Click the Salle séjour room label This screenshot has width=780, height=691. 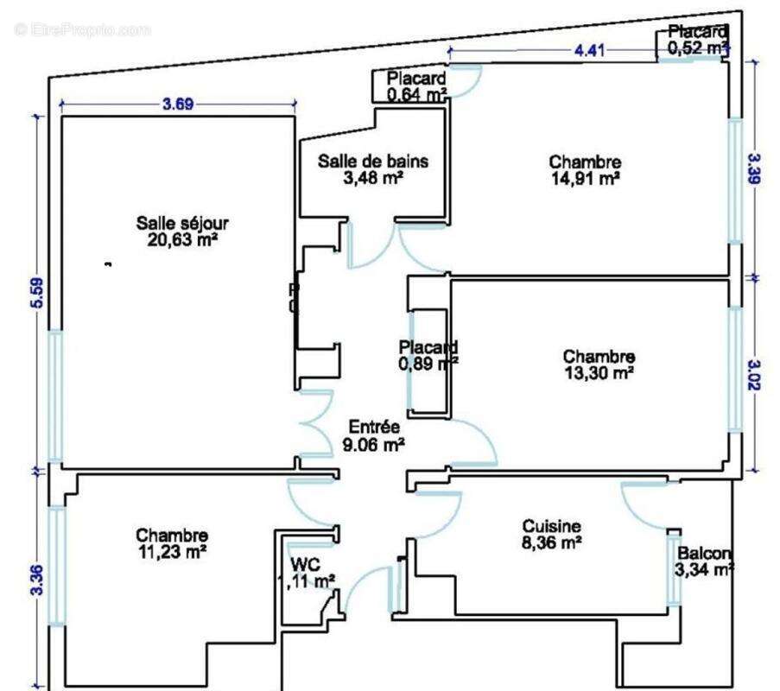tap(182, 223)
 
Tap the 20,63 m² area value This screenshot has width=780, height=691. tap(182, 240)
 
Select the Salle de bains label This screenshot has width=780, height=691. tap(373, 162)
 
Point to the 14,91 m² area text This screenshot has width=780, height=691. tap(586, 178)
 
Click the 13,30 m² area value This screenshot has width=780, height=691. tap(599, 372)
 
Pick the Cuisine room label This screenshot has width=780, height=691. tap(552, 526)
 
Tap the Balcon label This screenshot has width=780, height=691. tap(704, 553)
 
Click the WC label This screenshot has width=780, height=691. tap(306, 565)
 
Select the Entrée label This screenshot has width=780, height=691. tap(374, 427)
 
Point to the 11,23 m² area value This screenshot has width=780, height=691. tap(172, 552)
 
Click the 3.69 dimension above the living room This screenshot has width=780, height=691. tap(178, 104)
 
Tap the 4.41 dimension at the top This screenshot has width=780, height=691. tap(589, 50)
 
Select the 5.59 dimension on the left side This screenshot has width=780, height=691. tap(38, 293)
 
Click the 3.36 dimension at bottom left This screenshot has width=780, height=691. tap(38, 580)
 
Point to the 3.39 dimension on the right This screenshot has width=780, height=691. tap(755, 168)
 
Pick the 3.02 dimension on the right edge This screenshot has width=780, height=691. tap(755, 375)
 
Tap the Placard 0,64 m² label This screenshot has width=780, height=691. tap(417, 86)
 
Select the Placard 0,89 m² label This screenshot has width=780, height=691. tap(428, 355)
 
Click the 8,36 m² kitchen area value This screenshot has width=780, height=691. tap(552, 542)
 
